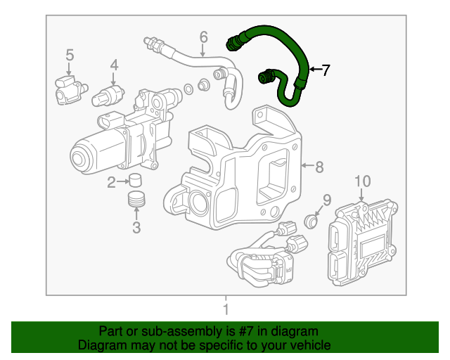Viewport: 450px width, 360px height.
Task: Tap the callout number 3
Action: click(x=136, y=226)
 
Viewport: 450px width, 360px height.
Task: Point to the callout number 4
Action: click(x=114, y=65)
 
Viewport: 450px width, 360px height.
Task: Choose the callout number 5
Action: click(x=70, y=54)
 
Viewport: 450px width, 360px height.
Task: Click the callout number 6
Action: click(x=203, y=36)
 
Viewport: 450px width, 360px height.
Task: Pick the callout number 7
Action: click(x=325, y=69)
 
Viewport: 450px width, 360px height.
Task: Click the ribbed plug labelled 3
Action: click(x=137, y=199)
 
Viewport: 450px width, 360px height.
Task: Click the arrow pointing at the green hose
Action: click(x=313, y=69)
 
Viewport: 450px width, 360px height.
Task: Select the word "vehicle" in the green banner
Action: click(x=307, y=345)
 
